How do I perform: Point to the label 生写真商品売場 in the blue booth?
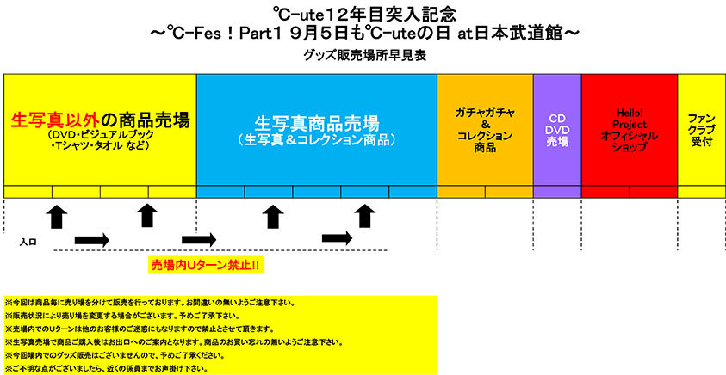(317, 121)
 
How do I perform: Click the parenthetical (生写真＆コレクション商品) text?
(317, 140)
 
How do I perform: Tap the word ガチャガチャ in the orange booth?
(485, 112)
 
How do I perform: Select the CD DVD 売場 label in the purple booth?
(557, 130)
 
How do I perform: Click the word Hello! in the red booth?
(629, 112)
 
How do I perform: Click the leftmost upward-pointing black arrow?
(57, 216)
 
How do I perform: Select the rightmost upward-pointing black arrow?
(366, 216)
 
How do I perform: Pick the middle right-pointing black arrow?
(199, 238)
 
